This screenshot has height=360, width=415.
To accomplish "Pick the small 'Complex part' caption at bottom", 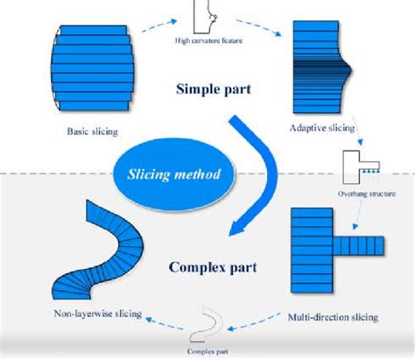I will click(x=210, y=352).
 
